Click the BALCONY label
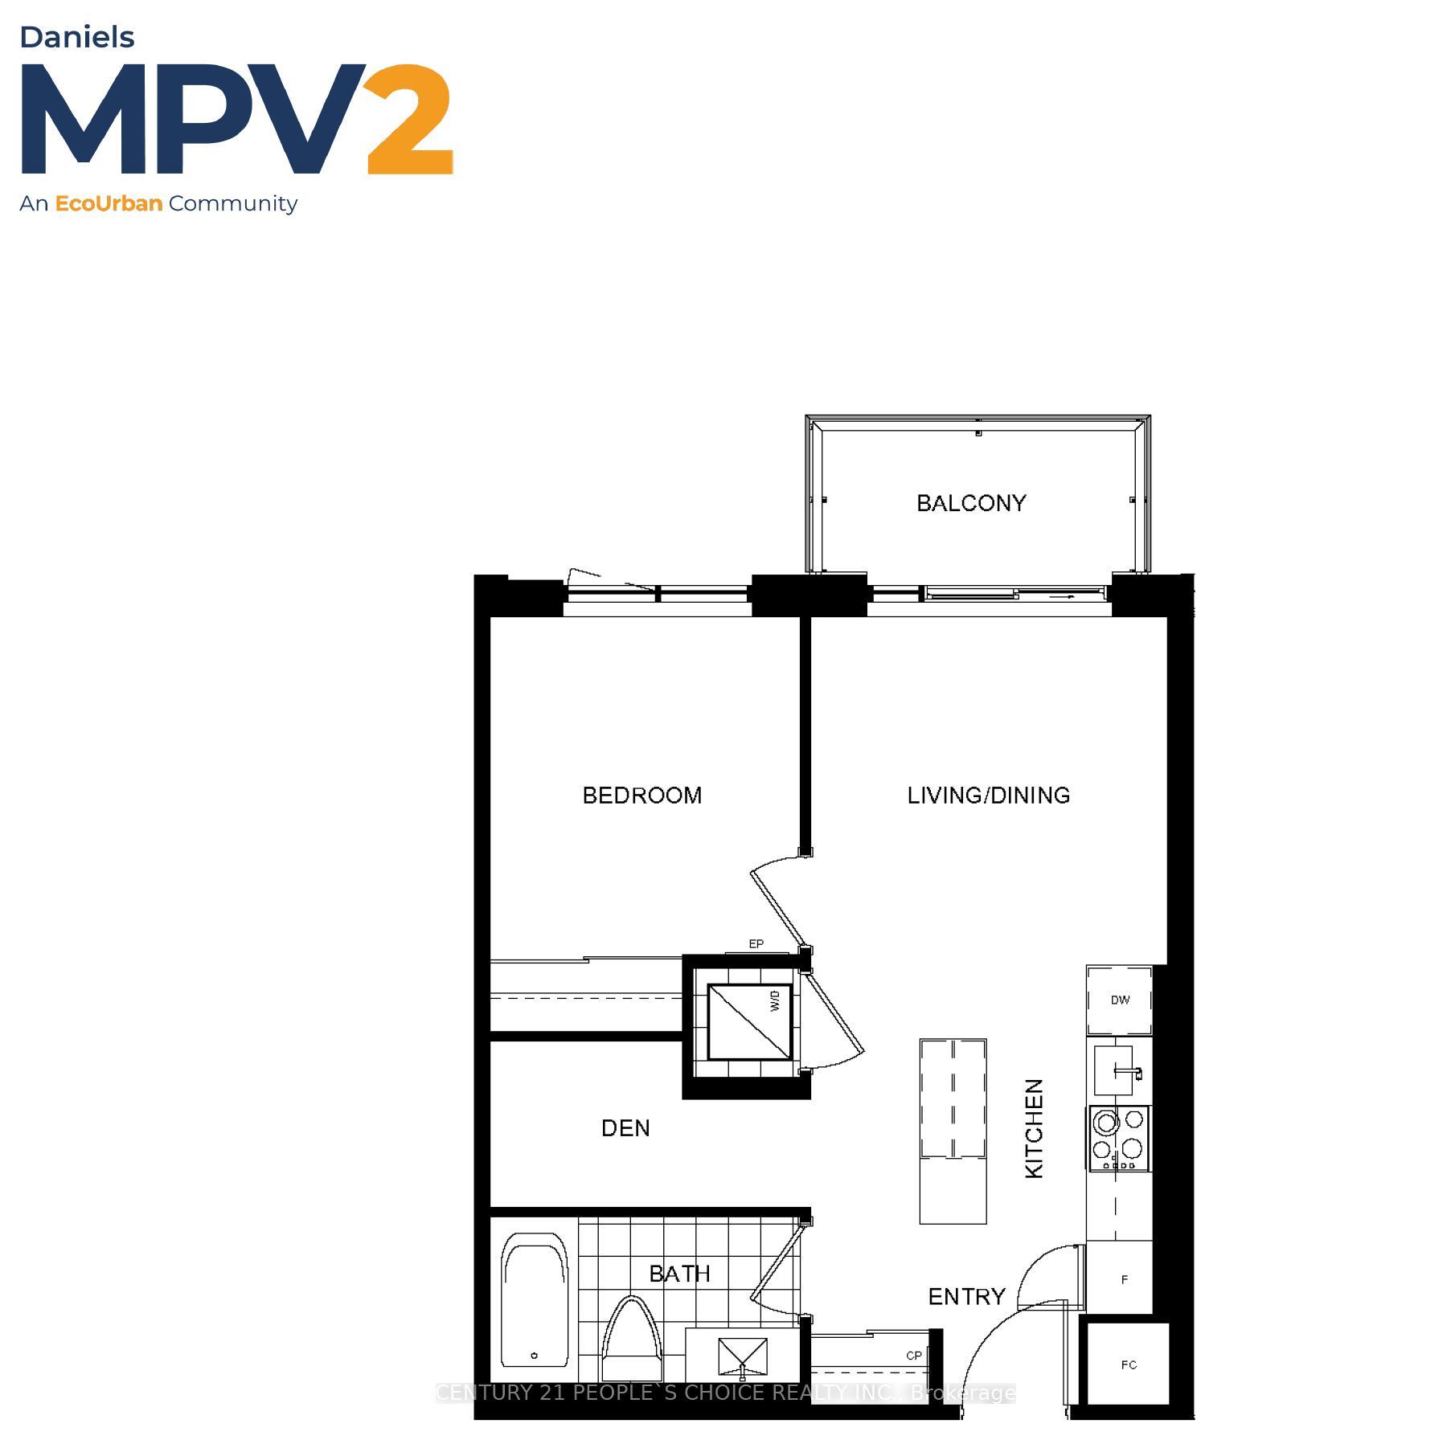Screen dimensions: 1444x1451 [971, 503]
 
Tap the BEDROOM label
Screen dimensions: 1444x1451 [641, 796]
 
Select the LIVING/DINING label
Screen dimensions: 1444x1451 [988, 796]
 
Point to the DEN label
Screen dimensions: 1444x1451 [625, 1128]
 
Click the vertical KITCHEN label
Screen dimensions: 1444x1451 [1034, 1128]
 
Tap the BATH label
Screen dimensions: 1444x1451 [679, 1274]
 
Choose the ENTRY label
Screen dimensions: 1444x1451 [966, 1296]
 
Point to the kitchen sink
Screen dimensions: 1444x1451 [1115, 1070]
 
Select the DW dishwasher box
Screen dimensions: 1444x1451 [1120, 1000]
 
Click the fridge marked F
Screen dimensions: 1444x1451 [1123, 1279]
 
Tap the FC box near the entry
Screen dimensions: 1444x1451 [1128, 1364]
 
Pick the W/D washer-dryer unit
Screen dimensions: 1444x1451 [748, 1022]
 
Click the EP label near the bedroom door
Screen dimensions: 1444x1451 [756, 944]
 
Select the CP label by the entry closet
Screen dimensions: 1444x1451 [913, 1355]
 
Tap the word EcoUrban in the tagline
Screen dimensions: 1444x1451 [109, 203]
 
